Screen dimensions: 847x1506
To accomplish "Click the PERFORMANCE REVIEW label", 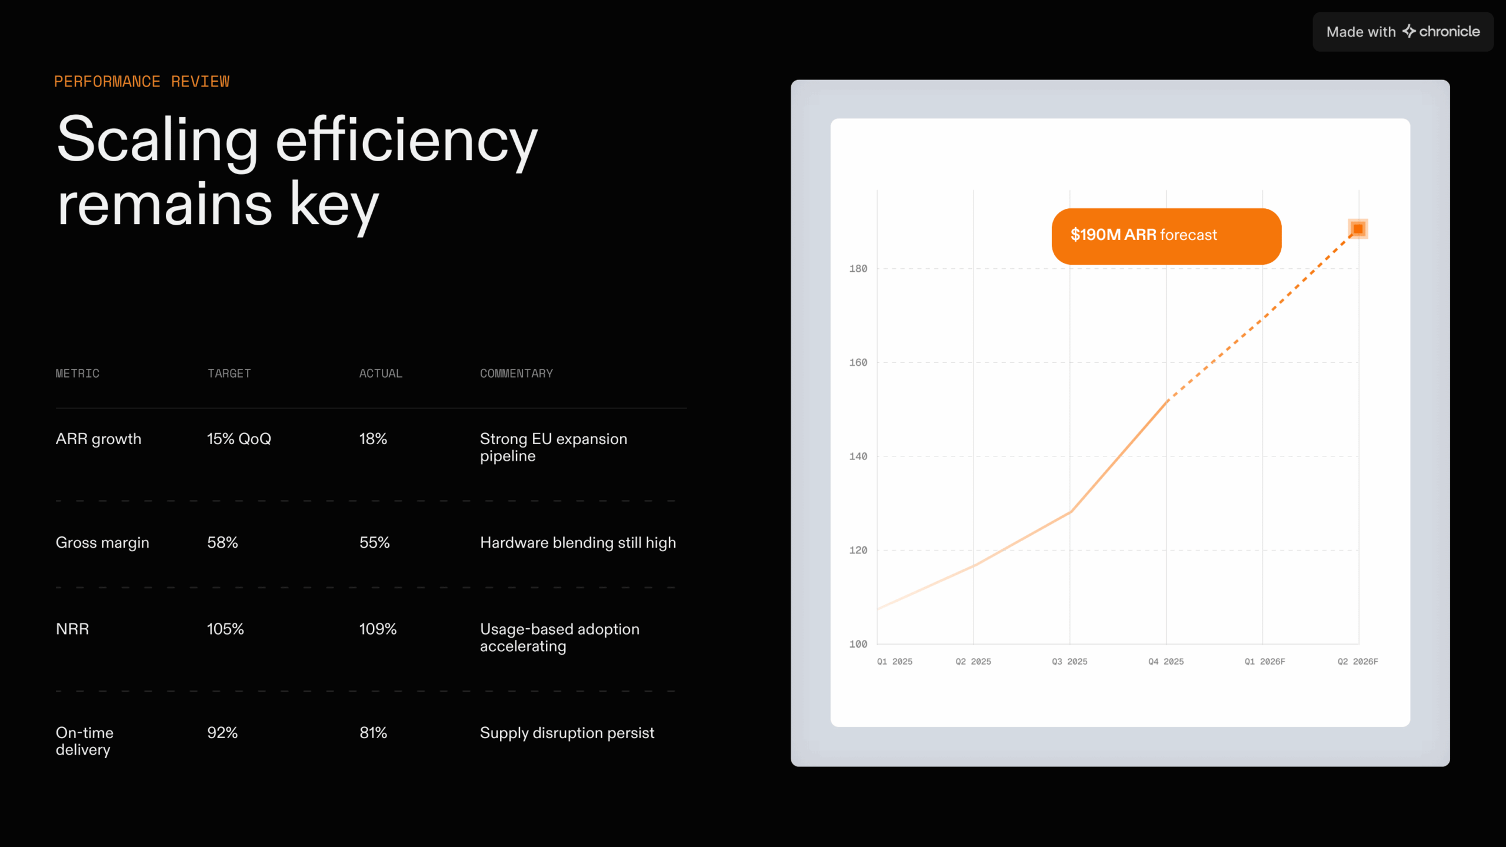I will [142, 81].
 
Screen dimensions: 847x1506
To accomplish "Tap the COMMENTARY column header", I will [516, 374].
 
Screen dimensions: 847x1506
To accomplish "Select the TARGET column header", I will [229, 374].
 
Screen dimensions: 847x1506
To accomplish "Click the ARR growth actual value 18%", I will [373, 439].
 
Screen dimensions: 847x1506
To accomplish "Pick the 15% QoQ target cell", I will [239, 439].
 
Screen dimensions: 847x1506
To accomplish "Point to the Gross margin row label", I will [102, 542].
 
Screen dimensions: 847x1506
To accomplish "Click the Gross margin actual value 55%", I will [374, 542].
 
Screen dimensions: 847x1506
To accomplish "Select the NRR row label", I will [72, 629].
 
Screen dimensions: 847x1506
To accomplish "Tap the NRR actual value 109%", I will [378, 629].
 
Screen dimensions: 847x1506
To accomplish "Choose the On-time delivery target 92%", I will [222, 733].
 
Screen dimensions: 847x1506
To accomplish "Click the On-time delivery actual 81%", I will [373, 733].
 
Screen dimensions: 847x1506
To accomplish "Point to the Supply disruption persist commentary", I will [567, 733].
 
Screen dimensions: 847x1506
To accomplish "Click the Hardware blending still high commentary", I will [578, 542].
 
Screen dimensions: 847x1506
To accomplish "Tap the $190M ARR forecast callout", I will [1166, 236].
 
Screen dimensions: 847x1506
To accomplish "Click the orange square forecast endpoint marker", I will [1358, 229].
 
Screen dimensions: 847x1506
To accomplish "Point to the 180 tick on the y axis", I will [858, 269].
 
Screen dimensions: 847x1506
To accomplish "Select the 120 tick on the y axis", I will [858, 551].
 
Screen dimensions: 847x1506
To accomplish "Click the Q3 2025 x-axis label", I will [1069, 662].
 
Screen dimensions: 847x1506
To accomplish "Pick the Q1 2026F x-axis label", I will [1265, 662].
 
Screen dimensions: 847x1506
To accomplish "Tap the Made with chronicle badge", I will [1402, 32].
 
